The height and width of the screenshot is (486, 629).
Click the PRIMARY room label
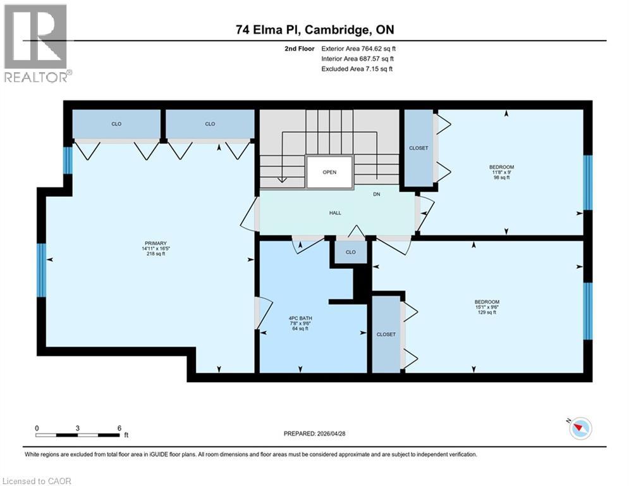155,243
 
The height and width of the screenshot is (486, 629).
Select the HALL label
335,213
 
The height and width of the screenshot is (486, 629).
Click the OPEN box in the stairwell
329,172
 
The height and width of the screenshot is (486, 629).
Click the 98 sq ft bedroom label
499,173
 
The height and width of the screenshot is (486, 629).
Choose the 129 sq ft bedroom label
487,307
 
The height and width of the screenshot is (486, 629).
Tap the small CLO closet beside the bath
350,252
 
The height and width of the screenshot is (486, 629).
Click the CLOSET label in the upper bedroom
418,148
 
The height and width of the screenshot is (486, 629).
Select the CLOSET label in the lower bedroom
386,334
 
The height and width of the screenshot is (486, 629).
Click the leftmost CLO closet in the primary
116,124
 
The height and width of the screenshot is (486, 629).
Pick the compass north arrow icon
580,428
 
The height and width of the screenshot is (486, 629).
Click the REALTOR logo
37,43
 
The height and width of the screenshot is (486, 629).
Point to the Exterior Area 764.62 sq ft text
358,48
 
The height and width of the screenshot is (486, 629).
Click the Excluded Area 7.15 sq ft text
357,68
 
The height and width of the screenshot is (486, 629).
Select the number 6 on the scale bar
119,428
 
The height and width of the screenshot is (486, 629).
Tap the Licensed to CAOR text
37,481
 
